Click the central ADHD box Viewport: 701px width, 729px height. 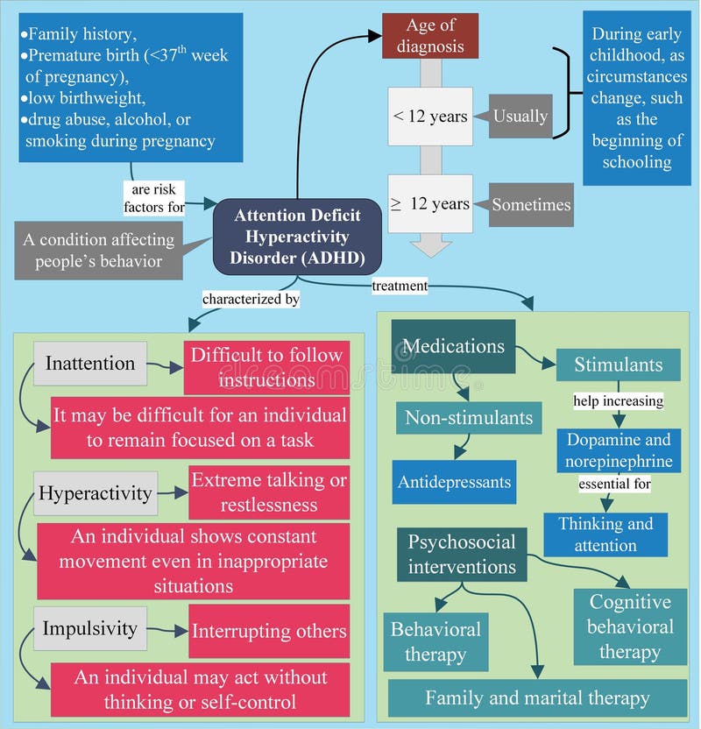298,237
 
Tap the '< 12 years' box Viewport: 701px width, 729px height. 430,117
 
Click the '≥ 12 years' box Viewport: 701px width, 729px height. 430,204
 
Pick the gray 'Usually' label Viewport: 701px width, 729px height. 520,117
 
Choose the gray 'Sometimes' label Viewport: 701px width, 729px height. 531,205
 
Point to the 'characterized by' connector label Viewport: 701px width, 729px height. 251,300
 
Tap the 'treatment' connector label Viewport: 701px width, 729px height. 400,286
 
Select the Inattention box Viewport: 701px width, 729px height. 90,364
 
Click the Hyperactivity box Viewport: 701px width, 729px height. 96,493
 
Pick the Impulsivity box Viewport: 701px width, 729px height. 90,629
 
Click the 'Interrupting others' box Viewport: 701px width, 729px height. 269,631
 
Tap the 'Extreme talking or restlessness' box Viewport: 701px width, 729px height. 269,493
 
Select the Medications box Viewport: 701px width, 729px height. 454,346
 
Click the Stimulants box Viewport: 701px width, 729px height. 618,364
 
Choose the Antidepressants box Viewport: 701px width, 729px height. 454,482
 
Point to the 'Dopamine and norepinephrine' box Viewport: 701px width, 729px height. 618,450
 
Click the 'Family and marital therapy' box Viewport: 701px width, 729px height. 537,698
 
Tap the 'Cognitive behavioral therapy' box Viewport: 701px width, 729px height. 630,626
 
